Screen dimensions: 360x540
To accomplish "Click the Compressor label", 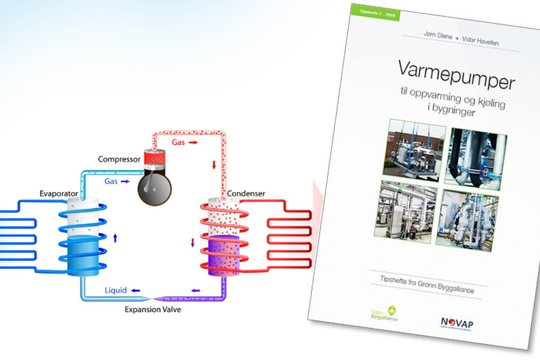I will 119,160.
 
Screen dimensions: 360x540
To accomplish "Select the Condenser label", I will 246,194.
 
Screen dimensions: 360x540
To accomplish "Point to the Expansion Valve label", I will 152,310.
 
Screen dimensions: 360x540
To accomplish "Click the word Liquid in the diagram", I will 115,290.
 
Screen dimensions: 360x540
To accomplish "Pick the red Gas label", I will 179,142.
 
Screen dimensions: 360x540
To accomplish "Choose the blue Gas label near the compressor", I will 111,181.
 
